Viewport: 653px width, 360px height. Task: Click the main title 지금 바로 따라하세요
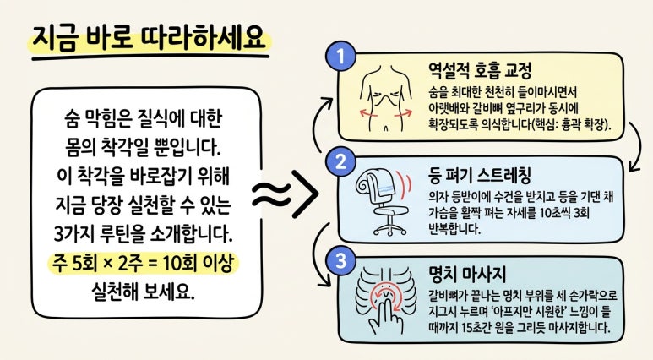coord(149,38)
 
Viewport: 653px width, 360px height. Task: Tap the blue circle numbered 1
coord(341,57)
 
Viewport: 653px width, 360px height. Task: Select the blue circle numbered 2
coord(341,161)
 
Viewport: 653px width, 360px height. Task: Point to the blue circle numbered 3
coord(341,261)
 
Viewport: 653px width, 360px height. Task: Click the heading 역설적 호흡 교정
coord(480,70)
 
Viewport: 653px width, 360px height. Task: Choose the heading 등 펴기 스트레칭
coord(479,176)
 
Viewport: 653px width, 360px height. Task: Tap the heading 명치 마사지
coord(467,275)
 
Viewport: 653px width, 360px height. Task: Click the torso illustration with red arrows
coord(386,98)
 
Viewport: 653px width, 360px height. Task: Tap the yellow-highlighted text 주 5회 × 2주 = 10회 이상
coord(144,264)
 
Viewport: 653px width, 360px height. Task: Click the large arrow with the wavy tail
coord(286,194)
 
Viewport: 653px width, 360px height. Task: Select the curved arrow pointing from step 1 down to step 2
coord(634,147)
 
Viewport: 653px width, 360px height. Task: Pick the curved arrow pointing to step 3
coord(318,254)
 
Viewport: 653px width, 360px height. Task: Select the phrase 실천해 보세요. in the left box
coord(143,292)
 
